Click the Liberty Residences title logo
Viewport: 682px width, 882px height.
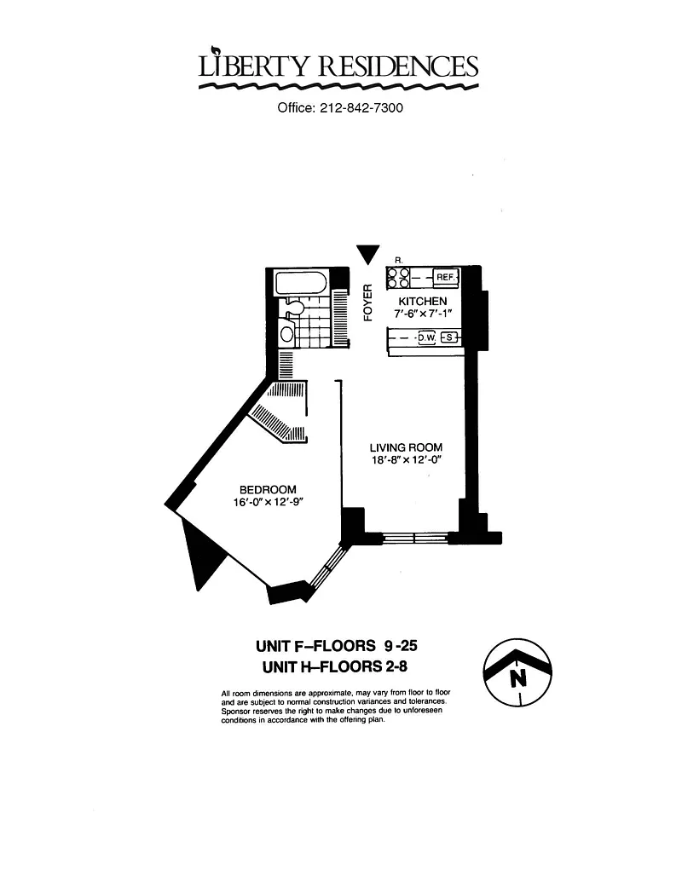[x=338, y=67]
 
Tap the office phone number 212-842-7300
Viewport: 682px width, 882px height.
[x=361, y=107]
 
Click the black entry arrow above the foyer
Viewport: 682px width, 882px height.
[x=368, y=254]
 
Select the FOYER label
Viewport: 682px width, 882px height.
[x=368, y=303]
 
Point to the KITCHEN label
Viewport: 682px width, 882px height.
[x=423, y=302]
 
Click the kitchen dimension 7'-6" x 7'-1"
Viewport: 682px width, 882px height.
[x=423, y=314]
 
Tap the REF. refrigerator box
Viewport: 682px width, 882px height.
[x=446, y=277]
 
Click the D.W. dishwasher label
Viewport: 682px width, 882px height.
[x=427, y=337]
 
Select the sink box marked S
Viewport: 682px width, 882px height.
[x=448, y=337]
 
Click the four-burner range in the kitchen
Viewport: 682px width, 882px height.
[x=398, y=277]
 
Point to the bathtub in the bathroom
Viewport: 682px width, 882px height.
[x=300, y=284]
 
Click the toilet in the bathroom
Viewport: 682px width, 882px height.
[x=294, y=307]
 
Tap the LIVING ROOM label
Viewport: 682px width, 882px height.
[x=406, y=447]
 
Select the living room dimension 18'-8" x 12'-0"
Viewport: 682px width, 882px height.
[x=406, y=460]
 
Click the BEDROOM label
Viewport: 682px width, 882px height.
[x=268, y=490]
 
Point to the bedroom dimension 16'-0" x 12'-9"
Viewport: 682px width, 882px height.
[x=269, y=502]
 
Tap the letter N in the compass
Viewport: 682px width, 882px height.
[x=518, y=679]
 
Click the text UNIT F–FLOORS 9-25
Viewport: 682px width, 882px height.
[x=337, y=646]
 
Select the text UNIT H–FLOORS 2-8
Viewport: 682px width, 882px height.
[x=335, y=667]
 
